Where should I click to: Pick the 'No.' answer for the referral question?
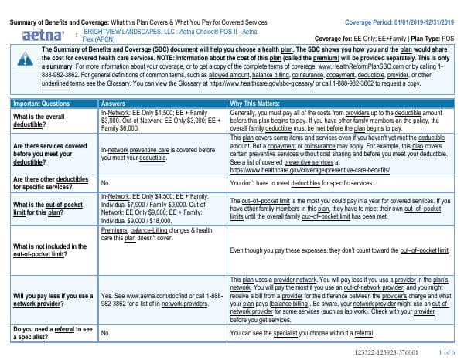(x=106, y=333)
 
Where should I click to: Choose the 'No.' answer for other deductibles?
(x=106, y=183)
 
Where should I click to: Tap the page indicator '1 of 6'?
(x=445, y=352)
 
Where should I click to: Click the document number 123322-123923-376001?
(x=384, y=352)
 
